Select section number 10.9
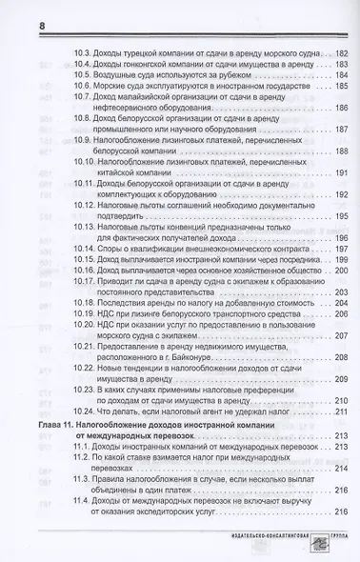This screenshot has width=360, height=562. [83, 164]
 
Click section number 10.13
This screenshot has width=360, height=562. [86, 251]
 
